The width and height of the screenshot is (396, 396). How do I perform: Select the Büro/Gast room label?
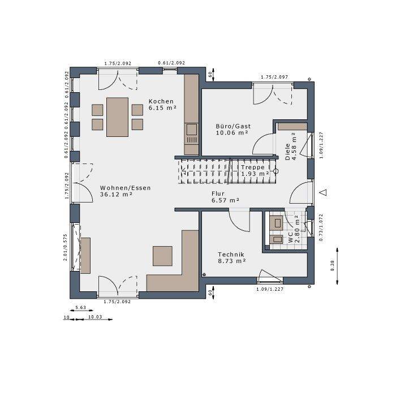[x=233, y=129]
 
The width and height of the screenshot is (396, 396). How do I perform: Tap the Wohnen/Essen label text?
[x=125, y=191]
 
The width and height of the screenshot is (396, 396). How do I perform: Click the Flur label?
[x=225, y=197]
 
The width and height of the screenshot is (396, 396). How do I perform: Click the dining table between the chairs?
[x=118, y=117]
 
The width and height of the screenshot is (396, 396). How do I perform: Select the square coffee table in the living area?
[x=162, y=256]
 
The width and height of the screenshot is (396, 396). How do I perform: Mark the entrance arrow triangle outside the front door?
[x=323, y=192]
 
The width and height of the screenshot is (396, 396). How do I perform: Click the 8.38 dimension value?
[x=333, y=265]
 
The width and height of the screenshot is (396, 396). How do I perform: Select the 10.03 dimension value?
[x=94, y=318]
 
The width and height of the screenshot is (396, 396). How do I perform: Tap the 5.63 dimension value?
[x=80, y=308]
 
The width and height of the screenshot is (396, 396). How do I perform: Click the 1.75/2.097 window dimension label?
[x=274, y=77]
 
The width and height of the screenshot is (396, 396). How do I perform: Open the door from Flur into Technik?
[x=237, y=221]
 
